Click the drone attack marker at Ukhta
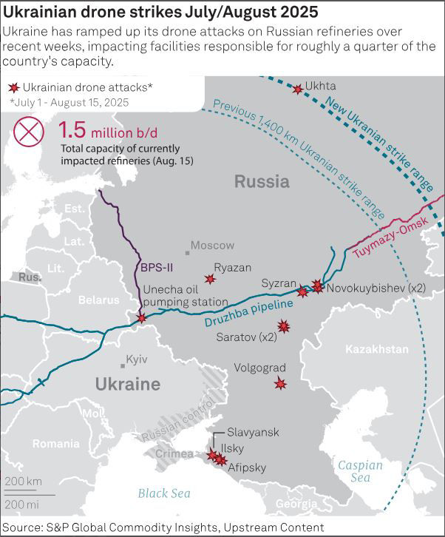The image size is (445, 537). pyautogui.click(x=298, y=89)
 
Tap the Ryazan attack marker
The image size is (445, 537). pyautogui.click(x=210, y=279)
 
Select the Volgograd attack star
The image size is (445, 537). pyautogui.click(x=280, y=382)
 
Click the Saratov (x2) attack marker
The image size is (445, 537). pyautogui.click(x=283, y=326)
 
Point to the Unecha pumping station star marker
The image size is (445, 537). pyautogui.click(x=142, y=318)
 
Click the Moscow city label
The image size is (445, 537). pyautogui.click(x=212, y=245)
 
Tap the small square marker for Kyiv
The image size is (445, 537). pyautogui.click(x=123, y=365)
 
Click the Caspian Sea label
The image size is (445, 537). pyautogui.click(x=360, y=471)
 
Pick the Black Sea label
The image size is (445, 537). pyautogui.click(x=163, y=493)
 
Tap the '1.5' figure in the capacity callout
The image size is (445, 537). pyautogui.click(x=72, y=131)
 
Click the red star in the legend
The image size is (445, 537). pyautogui.click(x=12, y=87)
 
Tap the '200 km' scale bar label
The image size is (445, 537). pyautogui.click(x=23, y=482)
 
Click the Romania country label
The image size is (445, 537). pyautogui.click(x=55, y=444)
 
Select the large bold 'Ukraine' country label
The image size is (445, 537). pyautogui.click(x=127, y=384)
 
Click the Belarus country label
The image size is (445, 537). pyautogui.click(x=98, y=300)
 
